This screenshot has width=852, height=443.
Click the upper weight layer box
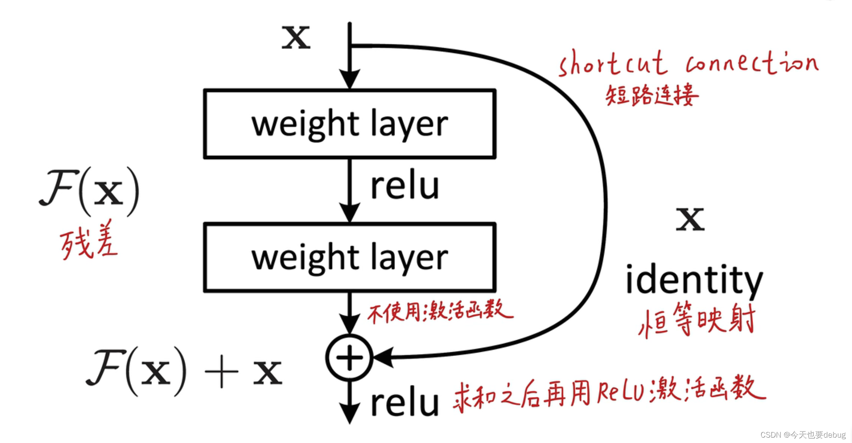pyautogui.click(x=349, y=123)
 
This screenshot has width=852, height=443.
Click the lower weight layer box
pyautogui.click(x=349, y=257)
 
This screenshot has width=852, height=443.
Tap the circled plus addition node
pyautogui.click(x=349, y=357)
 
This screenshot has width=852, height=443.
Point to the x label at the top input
pyautogui.click(x=296, y=37)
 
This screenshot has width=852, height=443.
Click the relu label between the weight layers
pyautogui.click(x=404, y=186)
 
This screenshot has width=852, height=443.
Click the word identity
pyautogui.click(x=694, y=280)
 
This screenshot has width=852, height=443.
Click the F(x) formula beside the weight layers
pyautogui.click(x=89, y=191)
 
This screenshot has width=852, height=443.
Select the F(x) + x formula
pyautogui.click(x=184, y=371)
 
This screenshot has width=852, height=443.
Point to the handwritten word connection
pyautogui.click(x=752, y=63)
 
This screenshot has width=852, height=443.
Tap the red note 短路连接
pyautogui.click(x=652, y=95)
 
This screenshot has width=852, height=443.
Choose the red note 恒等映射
pyautogui.click(x=697, y=320)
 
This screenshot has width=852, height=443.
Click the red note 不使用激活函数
pyautogui.click(x=440, y=311)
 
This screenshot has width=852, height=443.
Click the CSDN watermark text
pyautogui.click(x=803, y=435)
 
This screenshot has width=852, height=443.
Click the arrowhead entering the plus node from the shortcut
pyautogui.click(x=383, y=357)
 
